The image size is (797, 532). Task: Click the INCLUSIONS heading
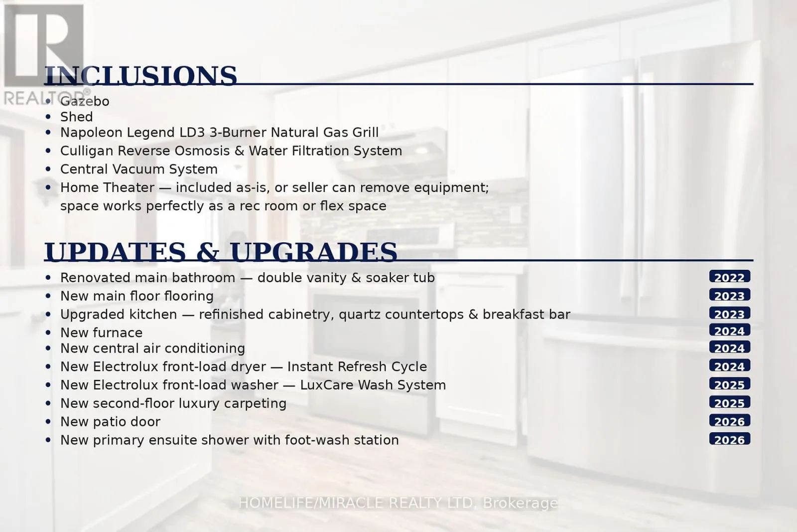[140, 75]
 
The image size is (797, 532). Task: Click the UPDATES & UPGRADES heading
[221, 252]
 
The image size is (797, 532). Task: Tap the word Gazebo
[85, 102]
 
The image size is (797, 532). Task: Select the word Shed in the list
[77, 117]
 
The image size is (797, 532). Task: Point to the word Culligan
[87, 151]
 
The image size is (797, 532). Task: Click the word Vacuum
[138, 169]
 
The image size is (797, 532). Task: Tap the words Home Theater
[108, 187]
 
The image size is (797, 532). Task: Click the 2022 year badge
[729, 277]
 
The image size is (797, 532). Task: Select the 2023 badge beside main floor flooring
[729, 295]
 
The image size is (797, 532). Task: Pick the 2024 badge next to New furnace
[729, 331]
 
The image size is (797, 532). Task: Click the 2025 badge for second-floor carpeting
[729, 402]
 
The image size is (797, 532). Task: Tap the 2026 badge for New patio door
[729, 421]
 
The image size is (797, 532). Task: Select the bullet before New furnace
[48, 333]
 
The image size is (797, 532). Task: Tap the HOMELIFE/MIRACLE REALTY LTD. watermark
[398, 503]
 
